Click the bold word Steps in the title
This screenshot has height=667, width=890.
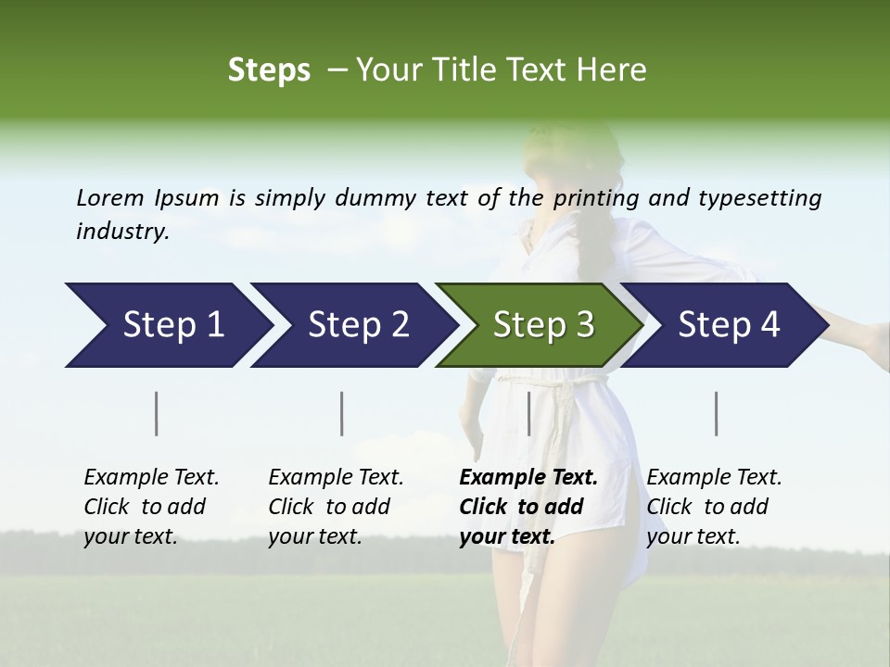(x=269, y=70)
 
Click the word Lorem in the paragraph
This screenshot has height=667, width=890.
(x=110, y=197)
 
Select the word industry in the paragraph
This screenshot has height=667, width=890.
(x=121, y=231)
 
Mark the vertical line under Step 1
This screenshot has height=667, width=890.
(x=157, y=413)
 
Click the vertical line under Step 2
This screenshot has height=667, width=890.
(x=342, y=413)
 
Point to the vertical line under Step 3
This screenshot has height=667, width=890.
(x=528, y=413)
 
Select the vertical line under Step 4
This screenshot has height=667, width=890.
(x=717, y=413)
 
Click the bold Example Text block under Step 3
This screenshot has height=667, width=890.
(x=528, y=507)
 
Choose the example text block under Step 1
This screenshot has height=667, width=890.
(x=151, y=507)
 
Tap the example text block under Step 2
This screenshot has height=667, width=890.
(x=336, y=507)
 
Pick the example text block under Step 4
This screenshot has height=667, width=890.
(x=714, y=507)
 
